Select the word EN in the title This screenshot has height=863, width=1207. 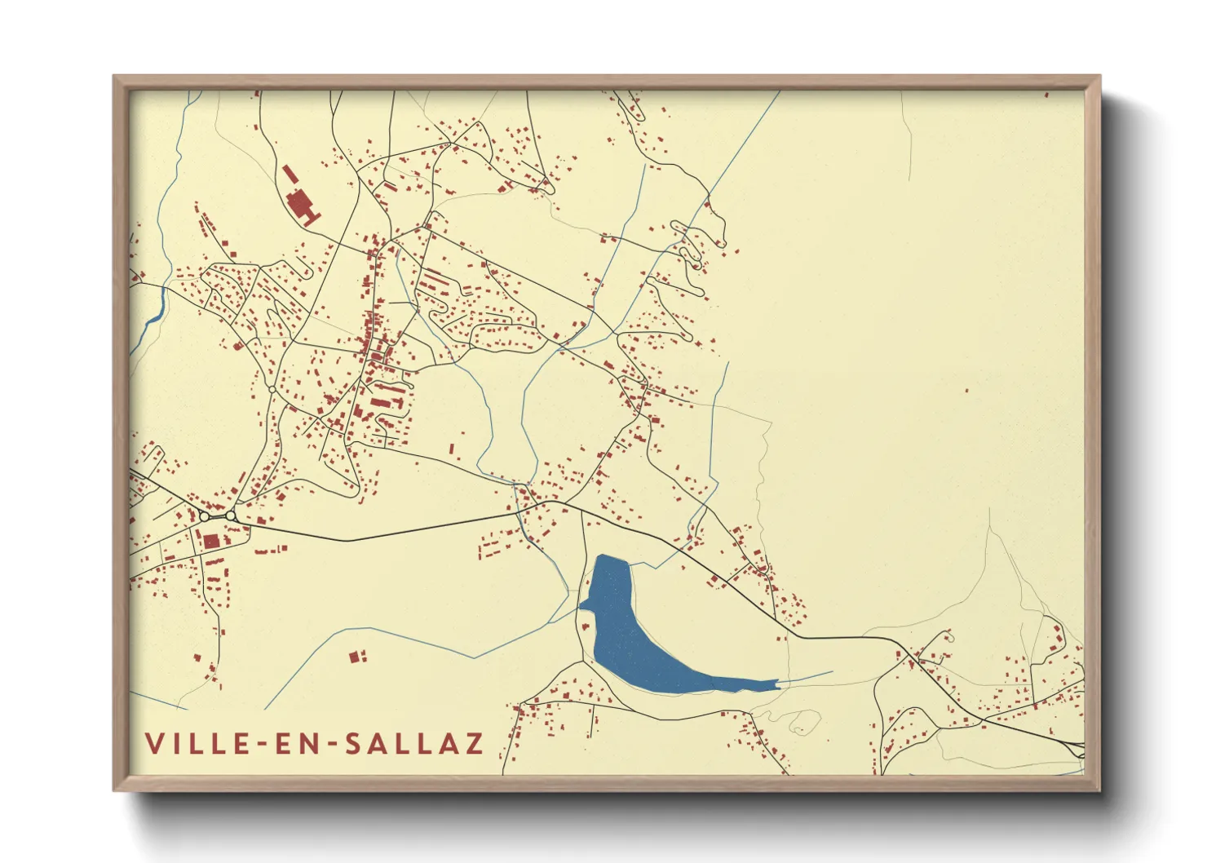tap(298, 743)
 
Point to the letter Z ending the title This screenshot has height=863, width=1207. tap(474, 743)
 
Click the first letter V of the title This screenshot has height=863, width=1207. tap(153, 743)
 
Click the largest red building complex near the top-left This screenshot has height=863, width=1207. tap(303, 206)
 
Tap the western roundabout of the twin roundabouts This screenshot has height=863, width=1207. tap(204, 516)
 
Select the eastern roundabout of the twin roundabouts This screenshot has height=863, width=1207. tap(231, 516)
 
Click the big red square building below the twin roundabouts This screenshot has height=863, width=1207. tap(211, 540)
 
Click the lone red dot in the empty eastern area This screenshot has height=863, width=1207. tap(967, 391)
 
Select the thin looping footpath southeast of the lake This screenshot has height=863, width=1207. tap(799, 721)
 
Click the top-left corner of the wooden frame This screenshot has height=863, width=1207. tap(115, 77)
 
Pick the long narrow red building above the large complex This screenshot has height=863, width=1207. tap(289, 174)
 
